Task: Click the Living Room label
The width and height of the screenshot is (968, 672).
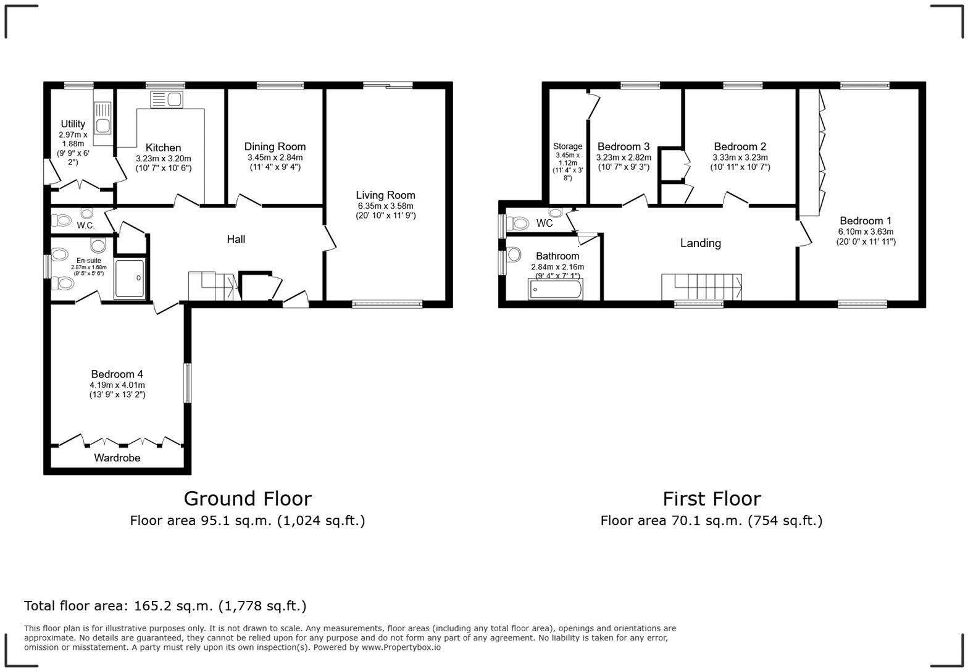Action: point(385,195)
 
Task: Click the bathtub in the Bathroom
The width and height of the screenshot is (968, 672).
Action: point(555,289)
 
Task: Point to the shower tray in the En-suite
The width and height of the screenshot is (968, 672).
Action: point(131,279)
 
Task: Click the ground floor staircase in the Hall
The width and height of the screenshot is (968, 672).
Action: point(214,286)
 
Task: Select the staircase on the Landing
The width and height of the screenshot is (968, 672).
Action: point(702,287)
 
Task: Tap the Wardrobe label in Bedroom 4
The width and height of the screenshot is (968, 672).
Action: point(117,458)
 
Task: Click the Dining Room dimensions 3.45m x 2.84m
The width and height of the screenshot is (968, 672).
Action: point(275,157)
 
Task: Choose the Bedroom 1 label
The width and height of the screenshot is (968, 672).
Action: point(865,220)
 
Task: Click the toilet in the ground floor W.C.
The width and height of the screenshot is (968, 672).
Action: point(62,220)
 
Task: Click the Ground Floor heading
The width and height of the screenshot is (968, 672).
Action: point(248,498)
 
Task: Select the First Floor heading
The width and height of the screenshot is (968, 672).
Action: point(711,498)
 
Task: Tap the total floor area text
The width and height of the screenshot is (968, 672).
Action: point(165,606)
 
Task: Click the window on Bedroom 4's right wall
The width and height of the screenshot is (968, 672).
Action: point(187,383)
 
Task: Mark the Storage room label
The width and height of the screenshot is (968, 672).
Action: point(567,146)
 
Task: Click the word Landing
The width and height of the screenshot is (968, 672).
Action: point(700,243)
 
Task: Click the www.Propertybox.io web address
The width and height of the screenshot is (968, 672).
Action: point(401,647)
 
